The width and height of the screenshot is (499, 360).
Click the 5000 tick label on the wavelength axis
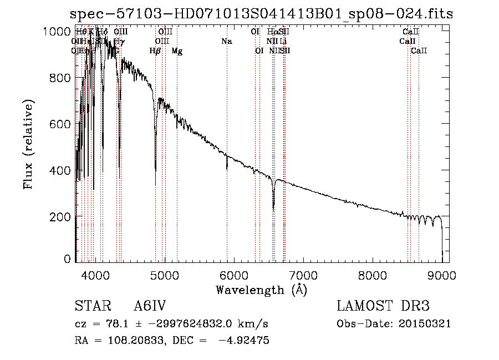(x=164, y=275)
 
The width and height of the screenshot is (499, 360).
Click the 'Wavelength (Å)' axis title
(x=261, y=290)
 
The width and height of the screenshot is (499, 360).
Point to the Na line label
(x=226, y=42)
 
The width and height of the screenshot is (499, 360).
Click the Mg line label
(x=177, y=51)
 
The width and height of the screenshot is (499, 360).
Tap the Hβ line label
(x=155, y=51)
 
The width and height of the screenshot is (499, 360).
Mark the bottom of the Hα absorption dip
(x=273, y=210)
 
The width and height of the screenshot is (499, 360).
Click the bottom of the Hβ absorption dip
(x=155, y=185)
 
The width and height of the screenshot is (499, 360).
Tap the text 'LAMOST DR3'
(x=383, y=306)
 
